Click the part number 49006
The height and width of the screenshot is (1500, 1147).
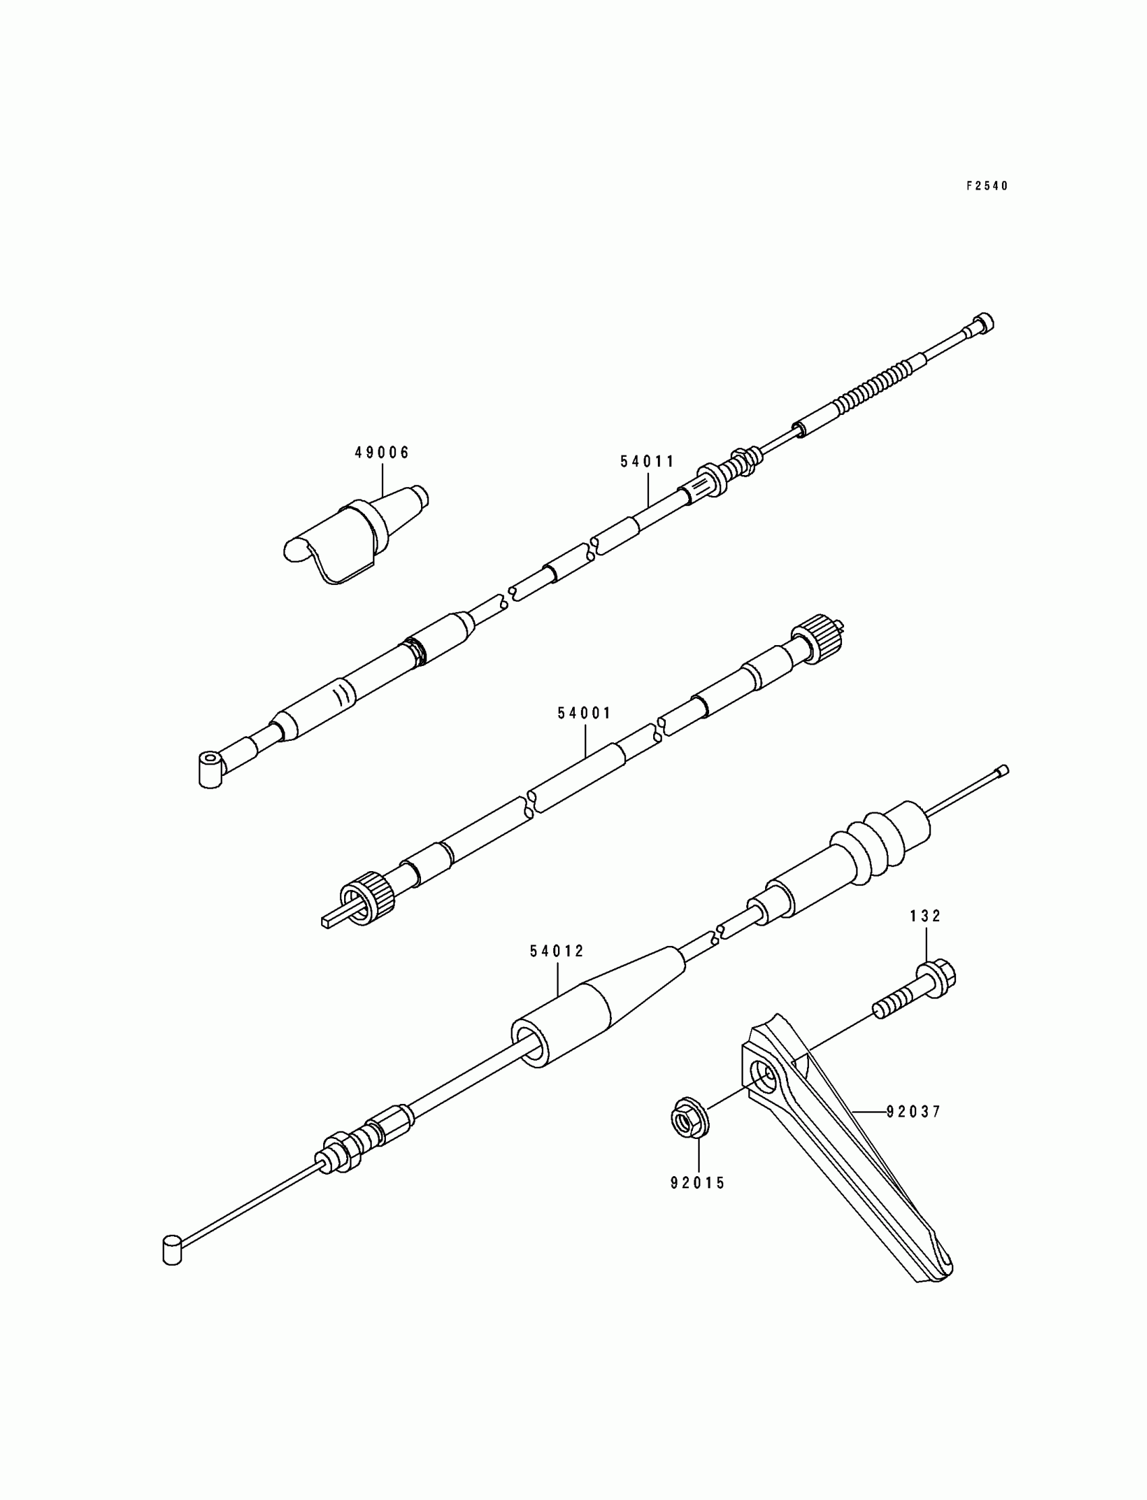click(382, 452)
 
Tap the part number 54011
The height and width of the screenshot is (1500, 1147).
click(647, 462)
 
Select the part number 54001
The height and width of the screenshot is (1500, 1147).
click(584, 713)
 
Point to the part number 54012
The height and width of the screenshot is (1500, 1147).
click(557, 951)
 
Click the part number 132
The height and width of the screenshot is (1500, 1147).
click(925, 916)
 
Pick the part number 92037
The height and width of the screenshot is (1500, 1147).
click(914, 1112)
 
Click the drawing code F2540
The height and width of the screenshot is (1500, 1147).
click(986, 186)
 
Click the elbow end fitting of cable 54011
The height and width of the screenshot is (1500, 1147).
click(211, 769)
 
